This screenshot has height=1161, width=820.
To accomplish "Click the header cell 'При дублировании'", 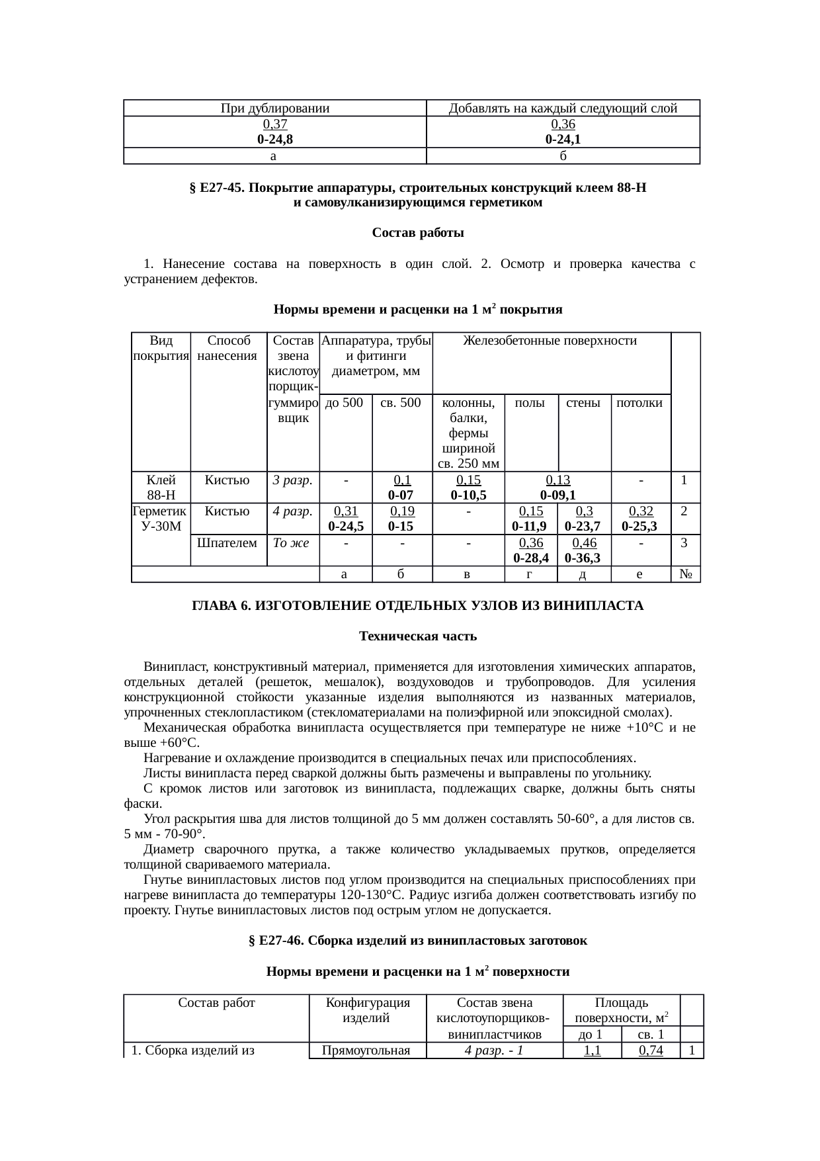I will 274,108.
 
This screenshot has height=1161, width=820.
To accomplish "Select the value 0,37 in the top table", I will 274,124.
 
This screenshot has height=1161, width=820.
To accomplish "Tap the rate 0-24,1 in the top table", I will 563,140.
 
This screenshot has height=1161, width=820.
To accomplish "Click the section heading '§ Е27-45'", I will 417,189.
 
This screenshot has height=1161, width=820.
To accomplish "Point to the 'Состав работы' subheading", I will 417,233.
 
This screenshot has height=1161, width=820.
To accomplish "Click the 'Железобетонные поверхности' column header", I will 550,341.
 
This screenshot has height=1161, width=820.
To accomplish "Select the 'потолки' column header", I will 639,402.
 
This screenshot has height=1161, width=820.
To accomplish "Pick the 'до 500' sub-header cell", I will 345,402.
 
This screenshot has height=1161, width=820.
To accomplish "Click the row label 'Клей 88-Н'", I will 161,488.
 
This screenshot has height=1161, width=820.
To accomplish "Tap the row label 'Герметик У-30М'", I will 161,519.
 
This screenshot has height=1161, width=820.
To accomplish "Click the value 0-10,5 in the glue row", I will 468,495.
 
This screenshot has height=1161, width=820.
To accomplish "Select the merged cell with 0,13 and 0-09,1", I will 557,488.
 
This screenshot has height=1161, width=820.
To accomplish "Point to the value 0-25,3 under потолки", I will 639,526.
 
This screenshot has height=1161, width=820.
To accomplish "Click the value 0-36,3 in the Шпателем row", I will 583,558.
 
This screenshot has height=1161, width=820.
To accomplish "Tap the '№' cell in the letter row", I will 685,574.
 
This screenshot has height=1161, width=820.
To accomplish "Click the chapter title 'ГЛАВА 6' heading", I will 417,606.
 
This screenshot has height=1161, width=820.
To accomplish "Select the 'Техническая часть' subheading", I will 417,636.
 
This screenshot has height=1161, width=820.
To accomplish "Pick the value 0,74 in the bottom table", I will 650,1051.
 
